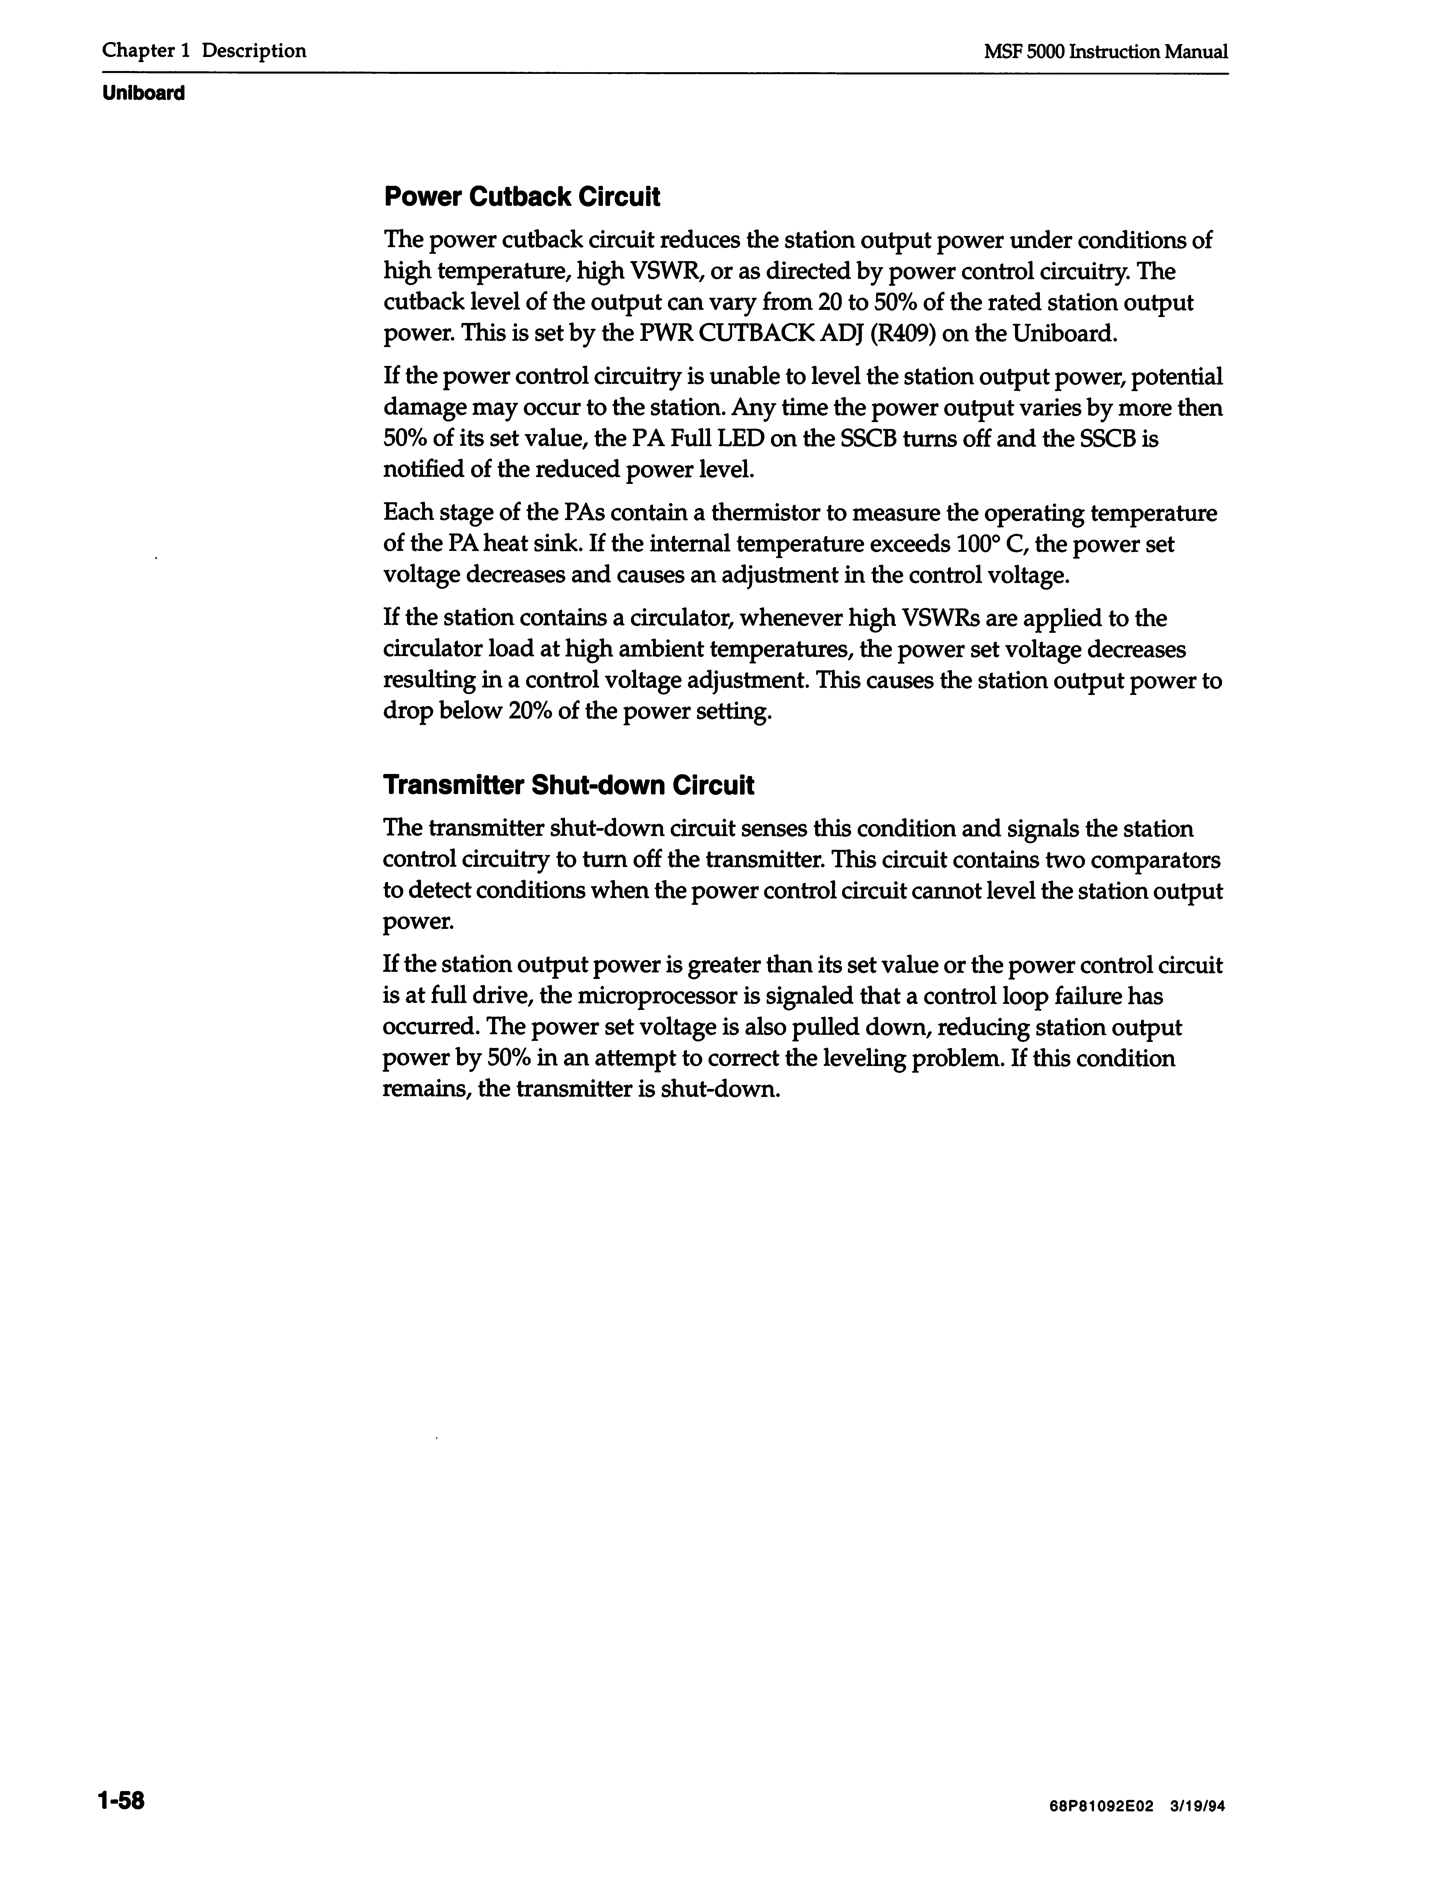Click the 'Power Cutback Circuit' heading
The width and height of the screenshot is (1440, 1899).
coord(521,198)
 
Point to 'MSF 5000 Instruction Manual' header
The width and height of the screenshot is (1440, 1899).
coord(1106,52)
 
